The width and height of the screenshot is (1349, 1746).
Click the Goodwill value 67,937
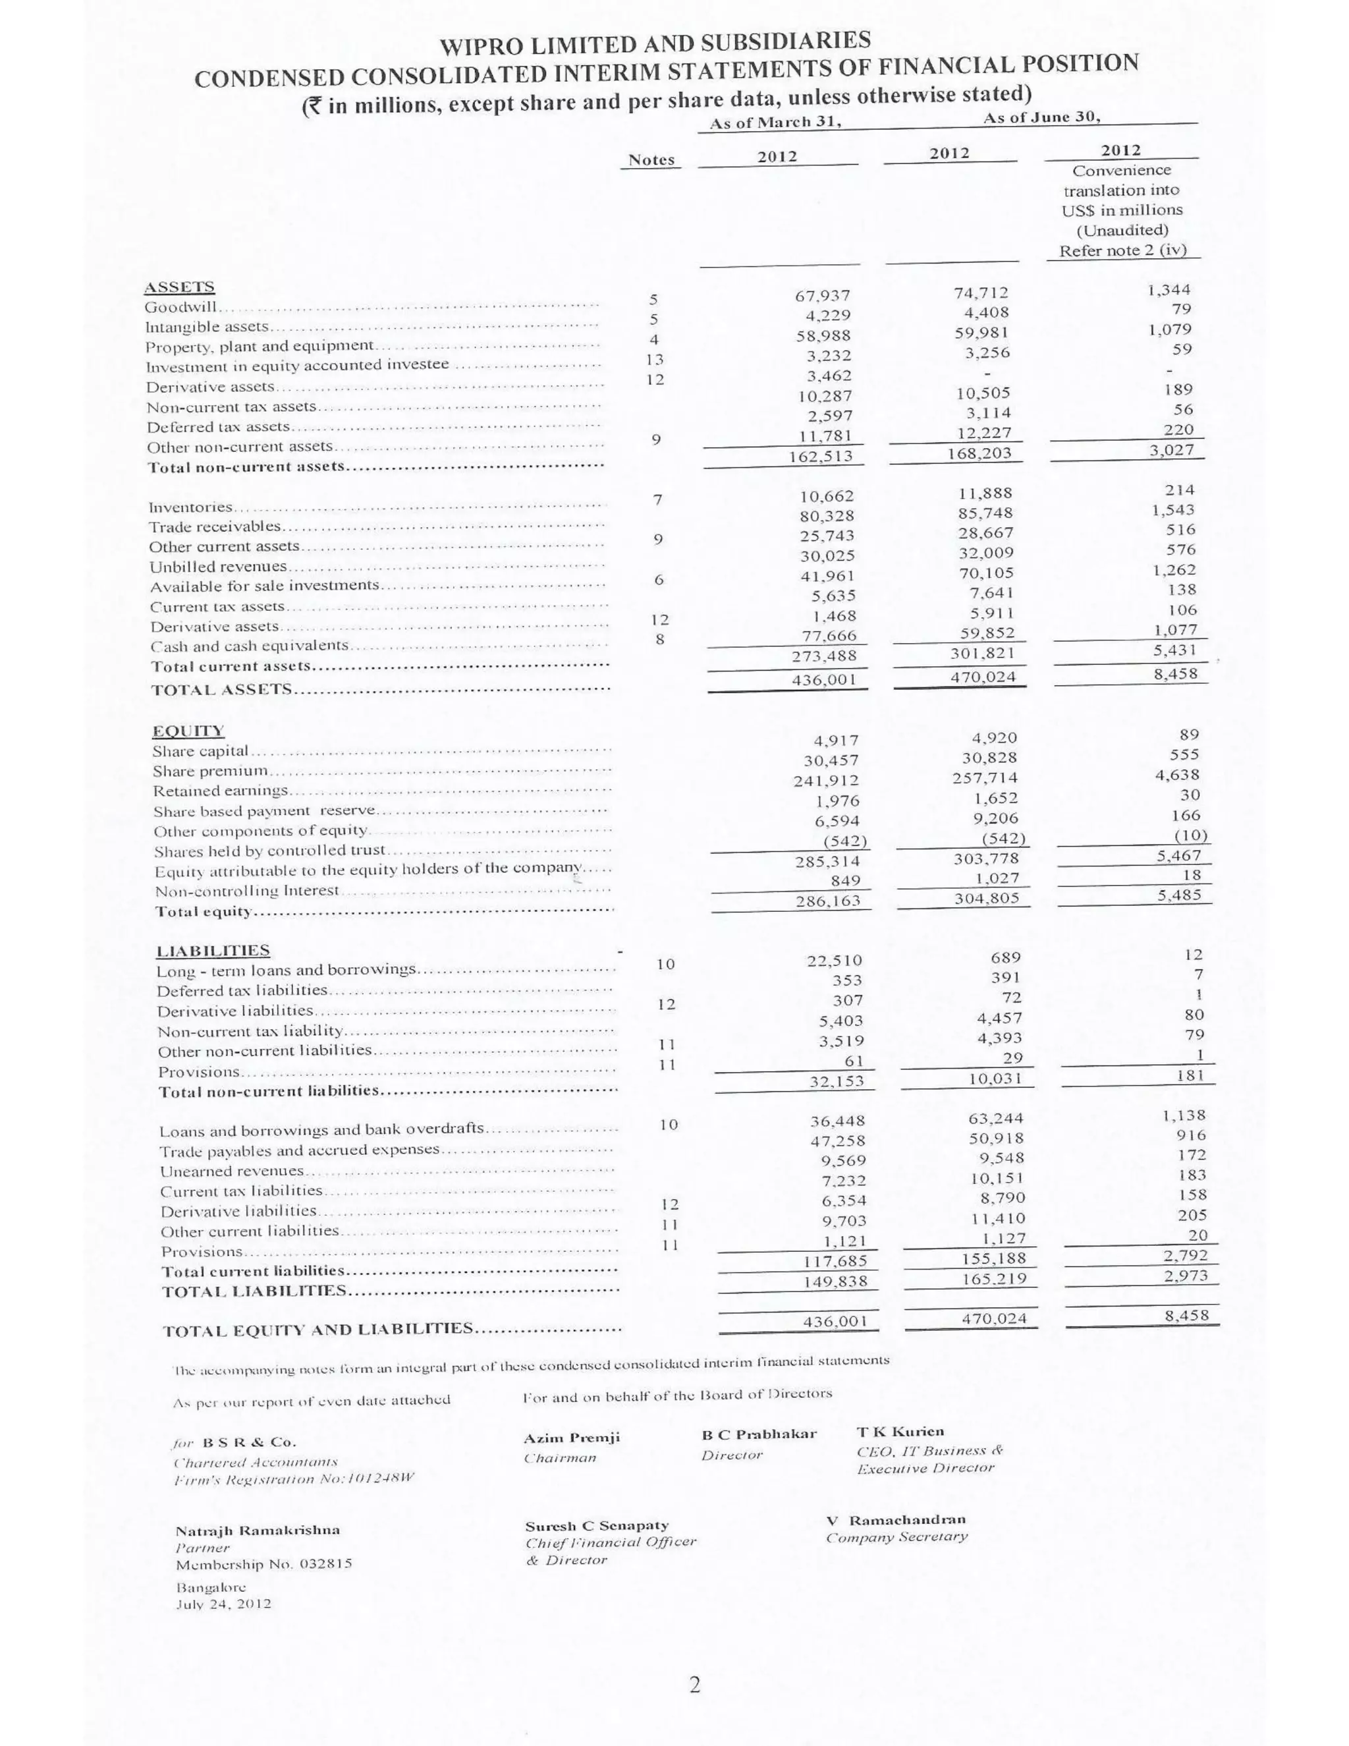coord(822,296)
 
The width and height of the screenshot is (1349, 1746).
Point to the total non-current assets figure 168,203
coord(974,453)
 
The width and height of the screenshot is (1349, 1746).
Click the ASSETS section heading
coord(179,286)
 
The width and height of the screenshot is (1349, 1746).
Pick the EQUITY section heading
coord(188,731)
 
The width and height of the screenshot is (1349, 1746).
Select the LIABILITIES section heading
coord(213,951)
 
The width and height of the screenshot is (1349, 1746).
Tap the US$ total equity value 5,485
coord(1179,895)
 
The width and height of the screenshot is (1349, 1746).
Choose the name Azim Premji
coord(571,1438)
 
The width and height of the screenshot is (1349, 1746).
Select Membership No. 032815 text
coord(263,1563)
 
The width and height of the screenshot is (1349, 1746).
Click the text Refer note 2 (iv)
coord(1123,250)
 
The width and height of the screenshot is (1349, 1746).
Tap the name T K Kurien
coord(900,1431)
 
